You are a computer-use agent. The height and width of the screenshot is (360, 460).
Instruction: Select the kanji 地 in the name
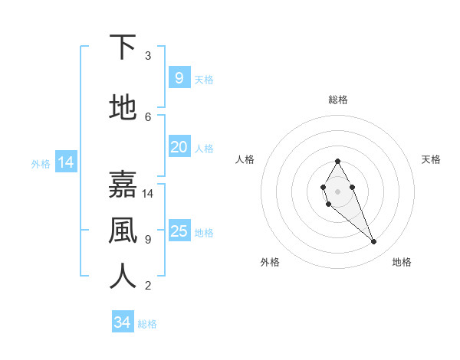point(123,108)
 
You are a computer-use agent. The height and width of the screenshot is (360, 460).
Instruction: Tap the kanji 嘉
point(123,185)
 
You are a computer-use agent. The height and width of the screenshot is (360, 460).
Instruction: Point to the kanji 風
point(123,231)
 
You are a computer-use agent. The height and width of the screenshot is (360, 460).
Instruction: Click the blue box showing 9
point(179,78)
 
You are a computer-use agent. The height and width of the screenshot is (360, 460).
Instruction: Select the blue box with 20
point(179,147)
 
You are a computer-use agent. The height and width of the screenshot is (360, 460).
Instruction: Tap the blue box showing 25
point(179,231)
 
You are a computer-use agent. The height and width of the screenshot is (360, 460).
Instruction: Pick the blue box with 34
point(122,323)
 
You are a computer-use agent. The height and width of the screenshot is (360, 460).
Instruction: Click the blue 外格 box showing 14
point(65,162)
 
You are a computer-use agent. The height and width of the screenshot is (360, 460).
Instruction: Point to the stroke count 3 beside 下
point(148,56)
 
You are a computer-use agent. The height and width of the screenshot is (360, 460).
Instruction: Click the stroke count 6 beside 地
point(148,117)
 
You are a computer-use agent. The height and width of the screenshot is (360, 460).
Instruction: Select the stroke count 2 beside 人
point(148,286)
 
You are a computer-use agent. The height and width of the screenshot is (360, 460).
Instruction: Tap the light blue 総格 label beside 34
point(147,324)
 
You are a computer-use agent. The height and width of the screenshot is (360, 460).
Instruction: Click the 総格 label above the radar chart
point(338,100)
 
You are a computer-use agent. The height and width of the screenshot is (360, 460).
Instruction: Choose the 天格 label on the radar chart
point(431,159)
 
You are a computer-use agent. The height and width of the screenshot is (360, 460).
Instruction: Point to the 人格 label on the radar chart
point(245,159)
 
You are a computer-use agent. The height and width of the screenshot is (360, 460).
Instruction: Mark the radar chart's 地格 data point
point(374,242)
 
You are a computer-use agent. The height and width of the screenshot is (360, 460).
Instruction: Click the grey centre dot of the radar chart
point(337,191)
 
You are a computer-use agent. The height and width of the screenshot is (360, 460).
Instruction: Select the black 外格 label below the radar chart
point(270,263)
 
